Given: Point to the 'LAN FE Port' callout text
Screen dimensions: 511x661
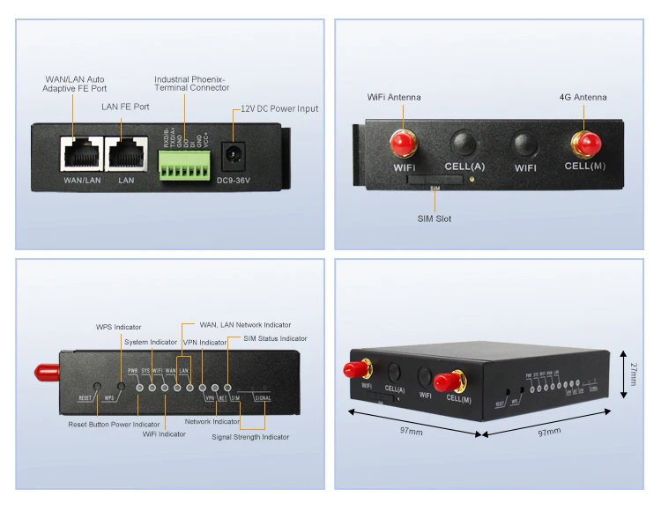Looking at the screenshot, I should coord(125,107).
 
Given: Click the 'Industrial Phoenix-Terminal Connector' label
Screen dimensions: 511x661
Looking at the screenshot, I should coord(191,83).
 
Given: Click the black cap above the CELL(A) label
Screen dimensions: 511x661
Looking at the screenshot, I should coord(464,142).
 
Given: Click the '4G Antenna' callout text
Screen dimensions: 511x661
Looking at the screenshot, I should coord(583,97).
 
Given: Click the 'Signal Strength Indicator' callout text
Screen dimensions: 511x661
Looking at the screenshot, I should coord(250,437).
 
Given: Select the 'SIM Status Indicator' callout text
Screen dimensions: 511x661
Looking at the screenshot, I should coord(275,338).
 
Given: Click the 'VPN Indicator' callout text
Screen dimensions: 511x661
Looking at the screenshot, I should coord(205,342).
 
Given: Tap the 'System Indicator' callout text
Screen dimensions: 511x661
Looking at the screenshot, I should coord(151,342).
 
